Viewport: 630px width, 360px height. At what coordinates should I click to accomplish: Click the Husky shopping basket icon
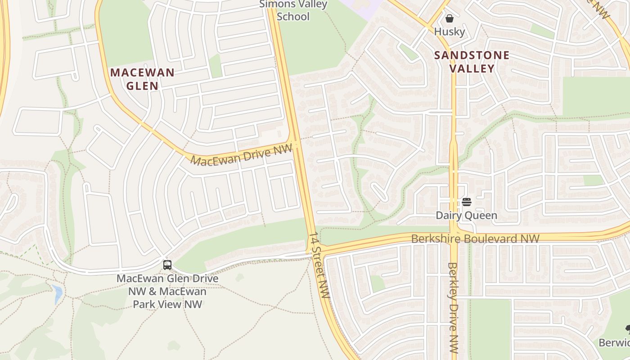449,18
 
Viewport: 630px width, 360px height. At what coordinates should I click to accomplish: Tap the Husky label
449,31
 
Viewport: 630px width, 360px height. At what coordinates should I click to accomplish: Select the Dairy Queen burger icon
466,202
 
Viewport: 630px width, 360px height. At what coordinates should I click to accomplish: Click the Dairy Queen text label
466,216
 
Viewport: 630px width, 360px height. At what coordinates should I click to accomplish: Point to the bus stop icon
167,265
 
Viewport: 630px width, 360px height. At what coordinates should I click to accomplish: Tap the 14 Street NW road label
319,265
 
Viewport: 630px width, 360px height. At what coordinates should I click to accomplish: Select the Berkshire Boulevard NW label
475,238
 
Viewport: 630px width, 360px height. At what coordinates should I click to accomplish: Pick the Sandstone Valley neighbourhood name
472,62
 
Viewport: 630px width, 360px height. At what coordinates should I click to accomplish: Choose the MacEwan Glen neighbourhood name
142,79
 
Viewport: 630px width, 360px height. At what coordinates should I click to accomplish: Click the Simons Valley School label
293,11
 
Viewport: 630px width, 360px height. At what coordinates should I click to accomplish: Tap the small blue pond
57,293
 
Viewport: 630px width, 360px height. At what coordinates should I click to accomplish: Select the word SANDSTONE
472,56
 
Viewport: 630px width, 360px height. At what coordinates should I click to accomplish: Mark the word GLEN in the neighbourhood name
142,85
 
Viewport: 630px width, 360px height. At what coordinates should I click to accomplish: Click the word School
293,17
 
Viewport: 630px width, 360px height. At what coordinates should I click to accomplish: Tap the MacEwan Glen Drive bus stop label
167,291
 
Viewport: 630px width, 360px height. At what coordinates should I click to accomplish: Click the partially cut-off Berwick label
615,342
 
